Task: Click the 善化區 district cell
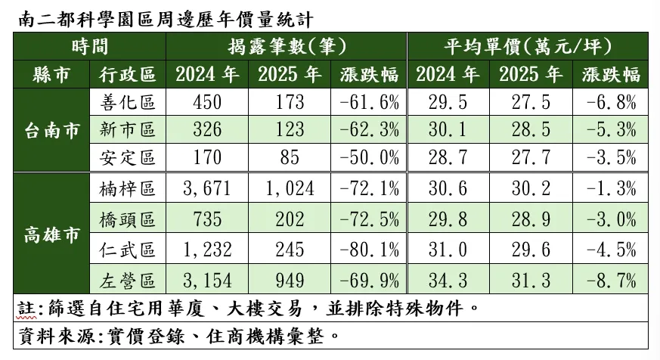coord(126,102)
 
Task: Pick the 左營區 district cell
coord(126,283)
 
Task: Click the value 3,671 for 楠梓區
coord(206,189)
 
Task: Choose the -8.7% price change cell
coord(611,283)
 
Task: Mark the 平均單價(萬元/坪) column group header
coord(528,46)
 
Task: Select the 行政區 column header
coord(126,74)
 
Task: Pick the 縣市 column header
coord(51,74)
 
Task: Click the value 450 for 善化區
coord(206,102)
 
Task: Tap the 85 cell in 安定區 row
coord(287,159)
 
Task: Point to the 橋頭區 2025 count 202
coord(287,220)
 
